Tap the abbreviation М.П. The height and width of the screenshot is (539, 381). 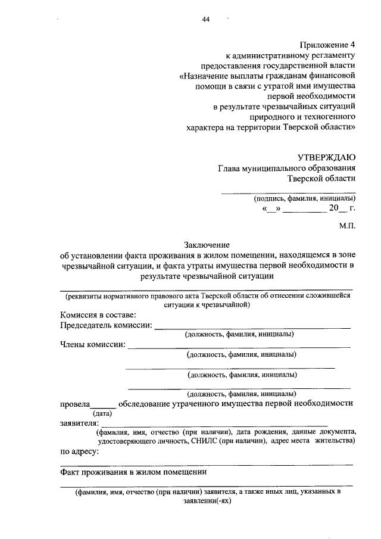347,227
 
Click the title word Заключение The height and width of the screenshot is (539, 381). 206,244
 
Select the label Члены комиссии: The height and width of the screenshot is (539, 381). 93,344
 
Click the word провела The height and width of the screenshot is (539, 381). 74,403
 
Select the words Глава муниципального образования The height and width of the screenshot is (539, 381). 286,169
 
